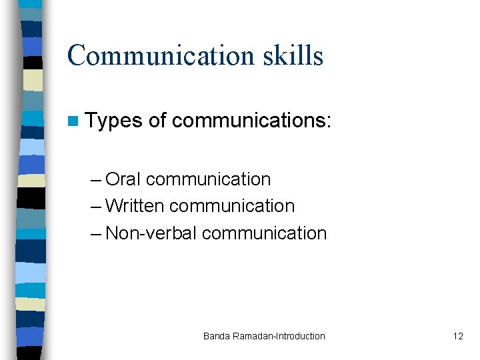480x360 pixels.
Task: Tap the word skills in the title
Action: (294, 55)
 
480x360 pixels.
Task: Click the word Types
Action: (114, 121)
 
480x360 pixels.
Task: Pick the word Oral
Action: (123, 179)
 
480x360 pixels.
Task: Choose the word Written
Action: (134, 206)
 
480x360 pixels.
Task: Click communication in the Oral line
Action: (208, 179)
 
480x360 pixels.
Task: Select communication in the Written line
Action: (232, 206)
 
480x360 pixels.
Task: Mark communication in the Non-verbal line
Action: (264, 233)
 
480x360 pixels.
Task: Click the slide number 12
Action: (457, 336)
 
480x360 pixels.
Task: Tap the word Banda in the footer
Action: (217, 336)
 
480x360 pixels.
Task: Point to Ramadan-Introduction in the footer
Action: (279, 336)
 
